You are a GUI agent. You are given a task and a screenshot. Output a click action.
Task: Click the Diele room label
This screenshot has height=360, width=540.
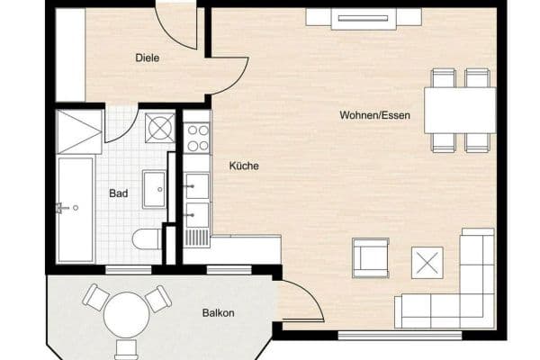(148, 58)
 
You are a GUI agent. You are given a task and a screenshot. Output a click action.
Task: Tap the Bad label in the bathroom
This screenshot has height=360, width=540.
(118, 193)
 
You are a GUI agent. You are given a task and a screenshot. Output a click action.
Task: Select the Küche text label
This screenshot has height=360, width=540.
(244, 166)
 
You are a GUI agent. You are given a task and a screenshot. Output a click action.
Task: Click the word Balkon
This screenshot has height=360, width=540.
(218, 313)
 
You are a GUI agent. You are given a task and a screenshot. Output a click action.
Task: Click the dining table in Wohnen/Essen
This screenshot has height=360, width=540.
(459, 110)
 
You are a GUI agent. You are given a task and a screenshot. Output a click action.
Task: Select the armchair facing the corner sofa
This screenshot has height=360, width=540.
(370, 257)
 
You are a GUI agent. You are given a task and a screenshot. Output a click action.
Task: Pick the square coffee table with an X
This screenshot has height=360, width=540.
(427, 262)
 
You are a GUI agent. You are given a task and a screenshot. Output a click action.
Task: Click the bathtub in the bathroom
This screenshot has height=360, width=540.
(75, 209)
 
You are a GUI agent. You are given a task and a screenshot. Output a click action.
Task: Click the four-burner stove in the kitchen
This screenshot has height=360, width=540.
(197, 137)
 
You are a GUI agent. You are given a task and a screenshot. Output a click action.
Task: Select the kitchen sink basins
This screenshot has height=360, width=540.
(197, 200)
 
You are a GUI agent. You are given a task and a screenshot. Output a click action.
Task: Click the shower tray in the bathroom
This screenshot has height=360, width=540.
(79, 132)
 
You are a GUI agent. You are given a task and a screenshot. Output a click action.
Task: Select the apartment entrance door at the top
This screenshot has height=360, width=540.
(176, 27)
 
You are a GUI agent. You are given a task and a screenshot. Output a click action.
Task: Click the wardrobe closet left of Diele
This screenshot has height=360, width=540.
(70, 55)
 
